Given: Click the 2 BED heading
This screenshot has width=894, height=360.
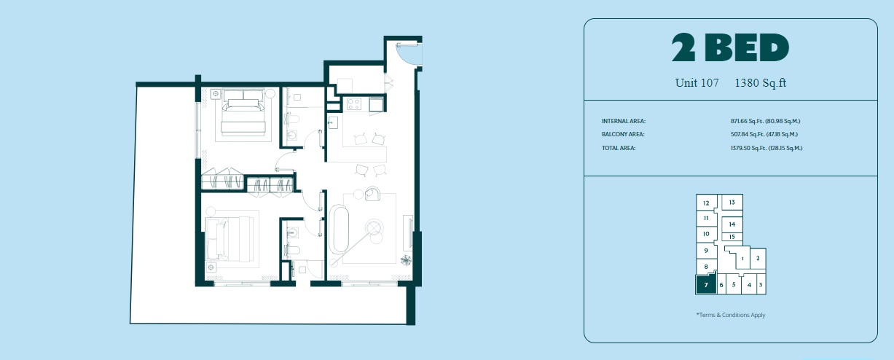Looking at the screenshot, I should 730,49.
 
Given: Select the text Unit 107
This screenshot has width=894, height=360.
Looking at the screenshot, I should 697,83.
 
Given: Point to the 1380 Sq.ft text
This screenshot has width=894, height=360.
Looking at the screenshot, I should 761,83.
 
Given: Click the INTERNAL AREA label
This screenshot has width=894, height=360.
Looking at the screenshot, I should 624,121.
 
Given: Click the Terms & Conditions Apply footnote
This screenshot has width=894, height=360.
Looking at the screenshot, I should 730,315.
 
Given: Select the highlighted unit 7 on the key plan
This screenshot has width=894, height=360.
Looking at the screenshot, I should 706,284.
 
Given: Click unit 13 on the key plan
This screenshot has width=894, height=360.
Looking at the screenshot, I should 732,203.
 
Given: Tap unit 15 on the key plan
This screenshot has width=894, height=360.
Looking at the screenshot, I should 732,237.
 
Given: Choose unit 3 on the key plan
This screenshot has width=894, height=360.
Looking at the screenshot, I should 760,285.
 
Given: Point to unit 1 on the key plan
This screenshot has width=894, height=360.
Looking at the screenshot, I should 742,258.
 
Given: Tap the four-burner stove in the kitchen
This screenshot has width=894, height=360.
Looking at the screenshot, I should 354,105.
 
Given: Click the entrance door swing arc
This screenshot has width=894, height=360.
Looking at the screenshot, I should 407,52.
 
